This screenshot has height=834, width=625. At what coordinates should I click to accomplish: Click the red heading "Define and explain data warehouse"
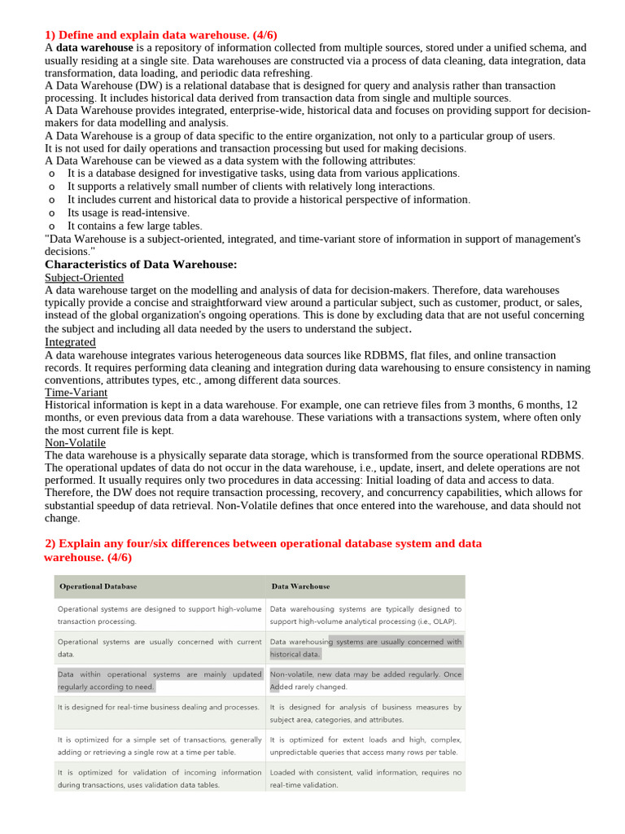(160, 34)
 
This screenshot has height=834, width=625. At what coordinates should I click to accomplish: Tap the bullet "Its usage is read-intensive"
(128, 213)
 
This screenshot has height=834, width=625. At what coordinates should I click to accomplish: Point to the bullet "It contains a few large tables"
(134, 226)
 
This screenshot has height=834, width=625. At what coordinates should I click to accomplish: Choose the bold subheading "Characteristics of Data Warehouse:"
(141, 265)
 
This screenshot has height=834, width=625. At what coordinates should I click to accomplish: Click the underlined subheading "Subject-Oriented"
(84, 278)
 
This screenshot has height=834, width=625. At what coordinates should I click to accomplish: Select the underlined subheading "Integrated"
(70, 342)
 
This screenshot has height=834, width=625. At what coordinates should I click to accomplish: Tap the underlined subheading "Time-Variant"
(76, 393)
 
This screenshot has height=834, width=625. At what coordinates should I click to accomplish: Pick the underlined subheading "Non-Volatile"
(75, 443)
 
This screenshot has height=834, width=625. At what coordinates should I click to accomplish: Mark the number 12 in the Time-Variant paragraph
(571, 405)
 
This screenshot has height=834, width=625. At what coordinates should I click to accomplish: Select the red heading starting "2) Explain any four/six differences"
(262, 543)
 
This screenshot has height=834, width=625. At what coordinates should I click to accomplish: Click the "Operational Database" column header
(98, 586)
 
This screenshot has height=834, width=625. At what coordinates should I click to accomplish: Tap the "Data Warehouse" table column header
(300, 586)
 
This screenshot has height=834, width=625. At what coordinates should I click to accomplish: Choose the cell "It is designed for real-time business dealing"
(159, 707)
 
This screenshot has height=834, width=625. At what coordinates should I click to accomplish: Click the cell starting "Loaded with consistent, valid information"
(365, 772)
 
